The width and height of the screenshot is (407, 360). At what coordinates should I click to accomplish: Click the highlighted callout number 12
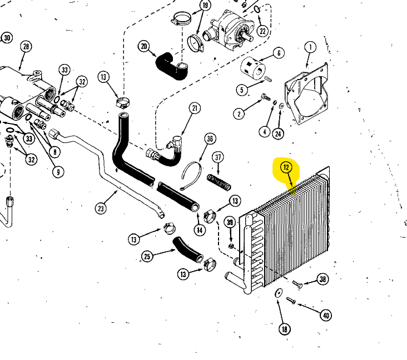click(286, 166)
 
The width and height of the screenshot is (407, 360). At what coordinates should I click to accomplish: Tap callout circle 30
click(7, 38)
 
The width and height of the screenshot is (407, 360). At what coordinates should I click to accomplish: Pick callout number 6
click(279, 53)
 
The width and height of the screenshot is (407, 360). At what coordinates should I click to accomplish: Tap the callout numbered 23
click(101, 209)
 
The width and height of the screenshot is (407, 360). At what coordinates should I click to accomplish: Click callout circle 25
click(147, 256)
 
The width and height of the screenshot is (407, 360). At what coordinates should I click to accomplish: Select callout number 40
click(326, 315)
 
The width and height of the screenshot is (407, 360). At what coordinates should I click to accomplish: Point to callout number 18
click(285, 329)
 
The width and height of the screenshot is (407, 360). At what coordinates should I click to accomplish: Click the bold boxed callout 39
click(230, 222)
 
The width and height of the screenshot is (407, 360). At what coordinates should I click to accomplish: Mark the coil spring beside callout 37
click(219, 182)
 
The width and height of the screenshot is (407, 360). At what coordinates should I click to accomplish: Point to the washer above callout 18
click(277, 293)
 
